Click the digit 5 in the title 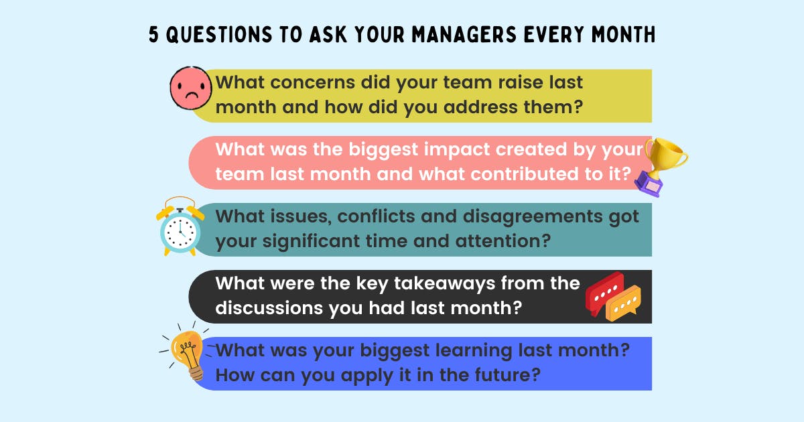click(x=154, y=36)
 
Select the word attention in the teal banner click(x=488, y=240)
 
